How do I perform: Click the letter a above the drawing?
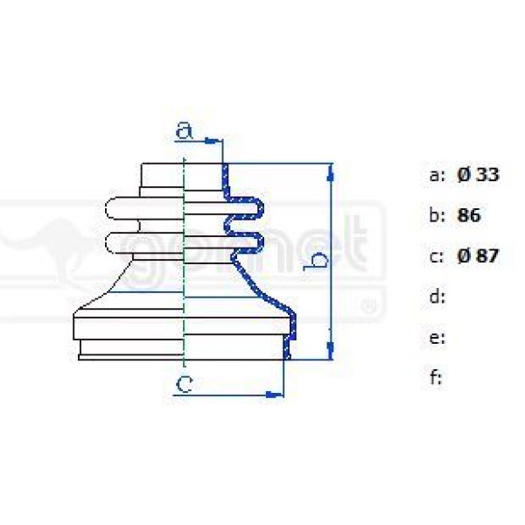coord(183,131)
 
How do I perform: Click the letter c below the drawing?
coord(183,382)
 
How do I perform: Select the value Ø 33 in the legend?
coord(478,175)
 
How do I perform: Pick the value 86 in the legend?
coord(470,215)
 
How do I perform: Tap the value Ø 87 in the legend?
coord(478,256)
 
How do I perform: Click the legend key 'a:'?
coord(437,175)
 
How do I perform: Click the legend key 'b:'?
coord(437,215)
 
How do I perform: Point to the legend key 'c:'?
coord(437,256)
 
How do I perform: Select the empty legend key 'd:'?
coord(437,297)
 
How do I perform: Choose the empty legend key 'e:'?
coord(437,338)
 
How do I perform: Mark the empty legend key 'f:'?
coord(436,378)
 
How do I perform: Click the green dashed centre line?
coord(184,262)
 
